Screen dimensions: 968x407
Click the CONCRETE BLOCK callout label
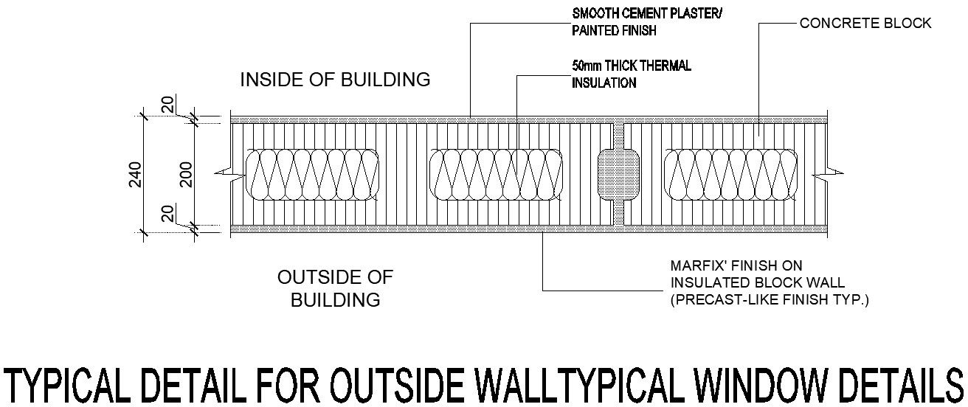coord(865,24)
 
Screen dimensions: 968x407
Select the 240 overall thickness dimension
coord(135,175)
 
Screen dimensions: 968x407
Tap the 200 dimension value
coord(185,175)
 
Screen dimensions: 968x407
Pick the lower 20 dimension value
coord(168,214)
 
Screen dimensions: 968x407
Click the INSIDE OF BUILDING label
coord(335,80)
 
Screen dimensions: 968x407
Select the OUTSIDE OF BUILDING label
coord(335,288)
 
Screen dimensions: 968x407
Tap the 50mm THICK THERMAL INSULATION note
coord(632,74)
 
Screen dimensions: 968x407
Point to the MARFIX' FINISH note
coord(736,265)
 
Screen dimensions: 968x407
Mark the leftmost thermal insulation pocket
coord(313,175)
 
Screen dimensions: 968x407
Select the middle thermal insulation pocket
coord(496,175)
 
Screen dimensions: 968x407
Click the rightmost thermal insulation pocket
coord(731,175)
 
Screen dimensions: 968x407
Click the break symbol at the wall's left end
coord(222,175)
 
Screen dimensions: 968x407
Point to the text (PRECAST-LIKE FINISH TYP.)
coord(769,301)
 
